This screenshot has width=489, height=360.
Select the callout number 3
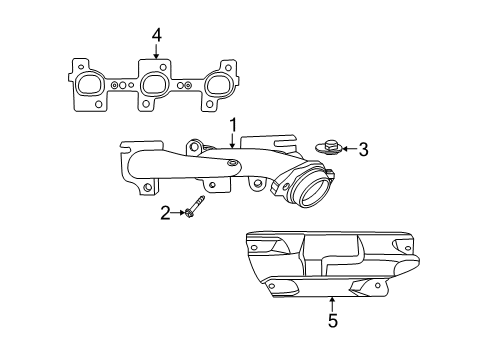click(x=363, y=150)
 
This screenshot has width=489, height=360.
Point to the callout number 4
click(x=155, y=37)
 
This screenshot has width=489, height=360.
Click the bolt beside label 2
click(x=194, y=212)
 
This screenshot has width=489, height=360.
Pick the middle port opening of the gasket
click(x=153, y=87)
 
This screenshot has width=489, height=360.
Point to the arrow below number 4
click(x=155, y=55)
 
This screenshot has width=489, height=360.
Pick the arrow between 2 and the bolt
click(x=179, y=212)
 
